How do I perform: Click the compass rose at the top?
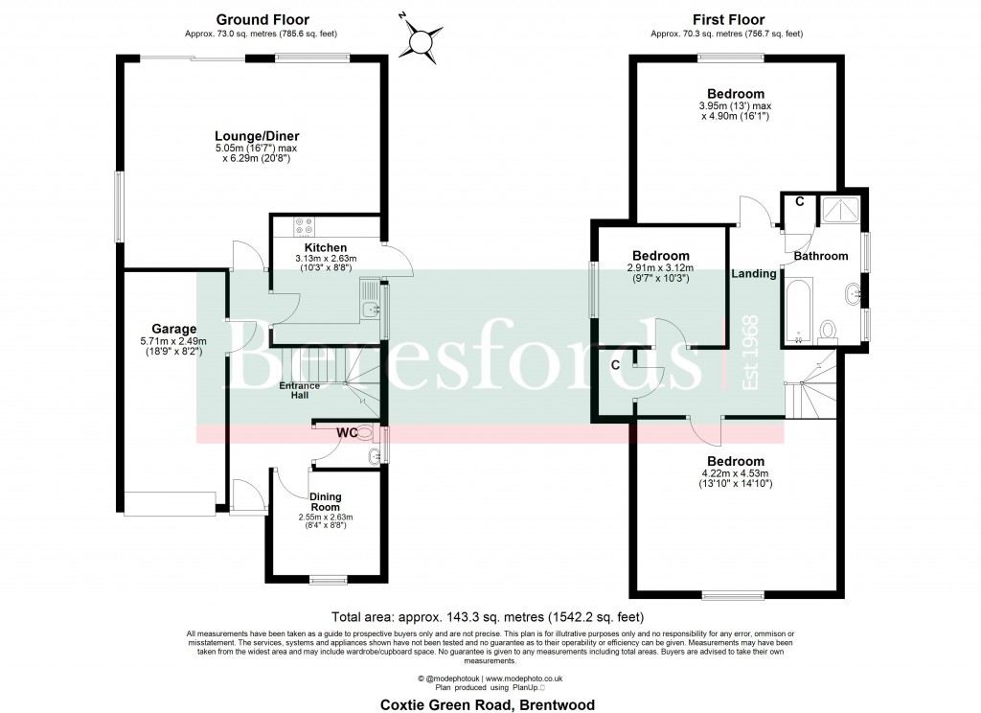pos(420,39)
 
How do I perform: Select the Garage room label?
pos(172,329)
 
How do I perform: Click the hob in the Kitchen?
pos(306,227)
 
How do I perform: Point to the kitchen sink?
pos(370,308)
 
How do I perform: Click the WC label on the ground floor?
pos(346,433)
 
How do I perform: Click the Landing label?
pos(754,274)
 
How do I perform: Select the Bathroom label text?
pos(821,256)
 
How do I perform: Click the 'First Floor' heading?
pos(726,19)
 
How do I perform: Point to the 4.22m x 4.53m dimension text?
pos(734,472)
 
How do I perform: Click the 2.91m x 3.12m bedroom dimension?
pos(660,267)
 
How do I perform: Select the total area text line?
pos(489,617)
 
